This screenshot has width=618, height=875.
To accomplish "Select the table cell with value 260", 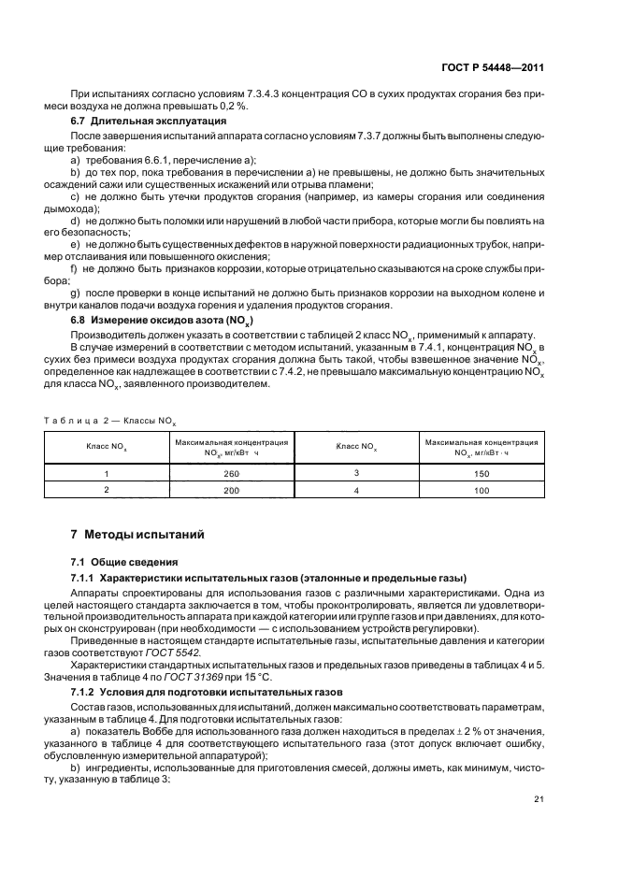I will (x=232, y=474).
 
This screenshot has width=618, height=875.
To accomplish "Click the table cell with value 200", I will (x=232, y=489).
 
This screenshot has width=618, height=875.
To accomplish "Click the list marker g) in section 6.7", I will (x=76, y=293).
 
